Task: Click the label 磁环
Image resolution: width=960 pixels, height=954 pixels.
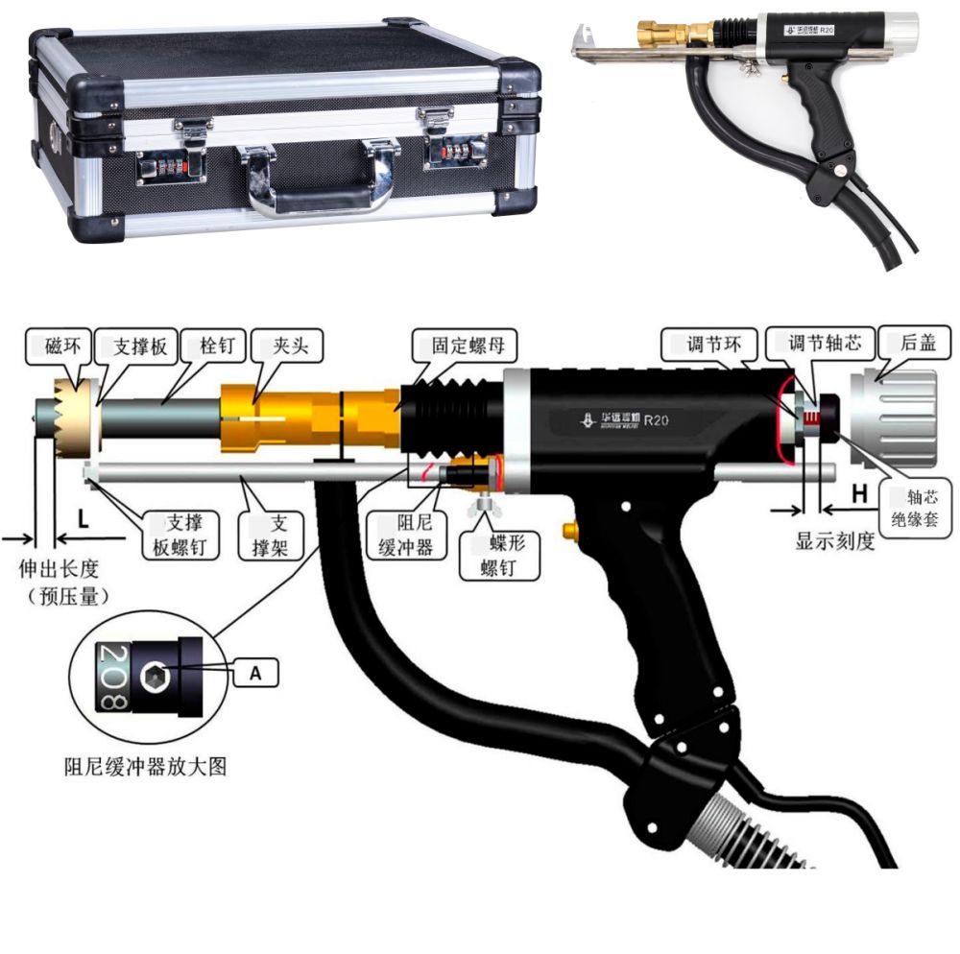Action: click(x=60, y=347)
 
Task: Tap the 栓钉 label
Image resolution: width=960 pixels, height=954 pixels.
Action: click(x=215, y=346)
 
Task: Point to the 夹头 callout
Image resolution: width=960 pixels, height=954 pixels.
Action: click(x=287, y=346)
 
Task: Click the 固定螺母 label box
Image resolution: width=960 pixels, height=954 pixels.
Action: click(x=466, y=346)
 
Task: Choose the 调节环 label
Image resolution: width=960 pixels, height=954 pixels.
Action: click(x=710, y=345)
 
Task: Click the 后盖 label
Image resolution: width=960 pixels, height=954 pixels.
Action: click(x=915, y=343)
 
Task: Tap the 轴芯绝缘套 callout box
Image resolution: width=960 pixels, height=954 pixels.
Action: click(x=915, y=508)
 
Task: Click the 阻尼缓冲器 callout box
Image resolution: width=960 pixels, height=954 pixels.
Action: click(x=406, y=535)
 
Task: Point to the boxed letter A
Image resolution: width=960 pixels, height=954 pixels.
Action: click(x=256, y=673)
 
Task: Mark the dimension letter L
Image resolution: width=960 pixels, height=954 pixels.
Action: click(x=83, y=520)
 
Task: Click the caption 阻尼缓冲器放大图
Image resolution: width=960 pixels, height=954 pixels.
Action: click(x=145, y=766)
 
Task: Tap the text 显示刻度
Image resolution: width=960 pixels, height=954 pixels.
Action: click(x=834, y=541)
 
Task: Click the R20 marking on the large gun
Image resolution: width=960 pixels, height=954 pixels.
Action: click(x=656, y=420)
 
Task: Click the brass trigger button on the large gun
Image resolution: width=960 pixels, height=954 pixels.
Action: click(x=570, y=530)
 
